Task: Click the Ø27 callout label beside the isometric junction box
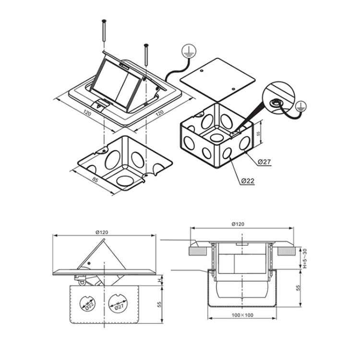[x=264, y=162]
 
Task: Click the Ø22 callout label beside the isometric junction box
[x=248, y=181]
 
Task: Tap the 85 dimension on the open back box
[x=95, y=180]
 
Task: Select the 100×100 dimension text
[x=242, y=315]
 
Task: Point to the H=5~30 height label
[x=305, y=258]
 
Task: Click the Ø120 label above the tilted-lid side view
[x=102, y=232]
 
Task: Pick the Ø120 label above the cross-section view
[x=238, y=224]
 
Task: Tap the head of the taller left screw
[x=104, y=21]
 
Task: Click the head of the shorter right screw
[x=146, y=45]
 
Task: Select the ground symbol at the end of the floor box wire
[x=188, y=51]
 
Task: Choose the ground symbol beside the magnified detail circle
[x=300, y=107]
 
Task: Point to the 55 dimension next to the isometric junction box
[x=259, y=133]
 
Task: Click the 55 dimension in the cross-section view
[x=298, y=288]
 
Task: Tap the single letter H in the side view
[x=159, y=280]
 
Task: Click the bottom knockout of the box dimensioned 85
[x=125, y=180]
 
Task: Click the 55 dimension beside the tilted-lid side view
[x=159, y=304]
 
